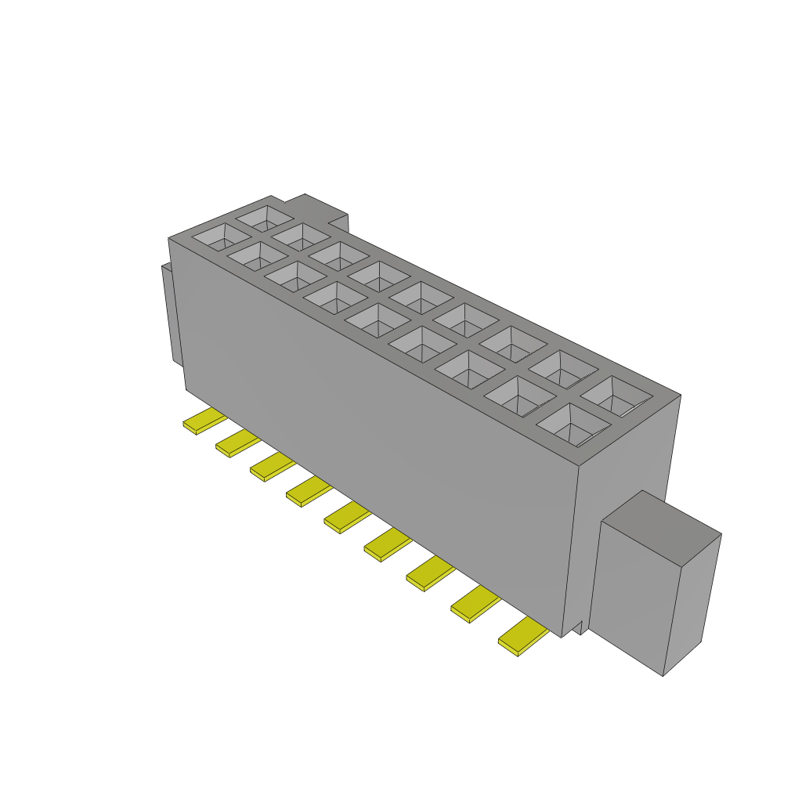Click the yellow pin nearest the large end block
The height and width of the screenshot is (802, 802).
[x=522, y=636]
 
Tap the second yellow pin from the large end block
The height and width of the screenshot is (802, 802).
[x=475, y=605]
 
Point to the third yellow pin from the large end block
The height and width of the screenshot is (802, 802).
[x=430, y=574]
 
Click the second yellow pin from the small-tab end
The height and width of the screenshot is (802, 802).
[x=237, y=443]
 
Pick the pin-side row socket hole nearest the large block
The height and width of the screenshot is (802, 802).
[x=573, y=424]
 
